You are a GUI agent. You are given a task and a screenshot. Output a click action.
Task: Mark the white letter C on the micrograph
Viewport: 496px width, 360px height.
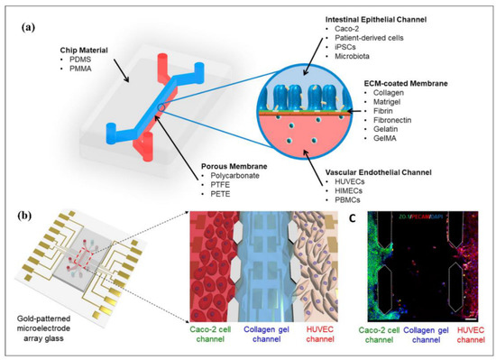tap(369, 219)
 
